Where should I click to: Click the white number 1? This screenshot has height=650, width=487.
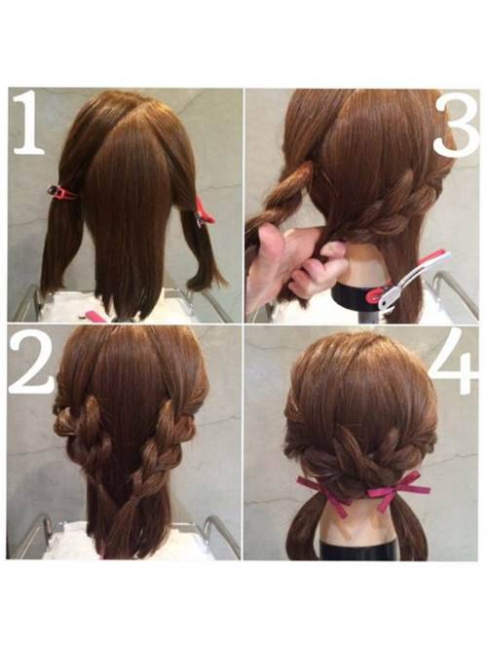click(28, 124)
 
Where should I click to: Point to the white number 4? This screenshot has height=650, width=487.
click(454, 362)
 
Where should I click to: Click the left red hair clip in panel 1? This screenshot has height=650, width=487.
click(62, 192)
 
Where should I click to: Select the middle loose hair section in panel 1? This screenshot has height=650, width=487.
click(127, 224)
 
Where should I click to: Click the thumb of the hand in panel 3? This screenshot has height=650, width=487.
click(269, 241)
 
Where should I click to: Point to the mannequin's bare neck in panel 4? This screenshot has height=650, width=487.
click(360, 522)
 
